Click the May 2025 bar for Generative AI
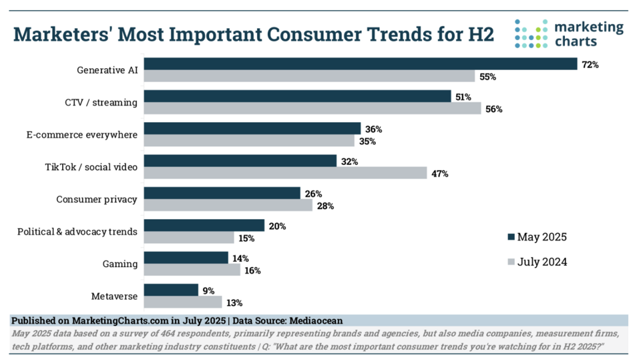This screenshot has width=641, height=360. [x=361, y=64]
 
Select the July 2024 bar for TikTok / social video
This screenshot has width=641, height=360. [x=285, y=173]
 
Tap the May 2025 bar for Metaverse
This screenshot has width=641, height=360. [x=171, y=290]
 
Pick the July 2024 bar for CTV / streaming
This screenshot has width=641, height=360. [x=312, y=109]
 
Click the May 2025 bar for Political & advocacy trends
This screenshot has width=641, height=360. [x=204, y=226]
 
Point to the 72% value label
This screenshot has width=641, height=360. [x=590, y=65]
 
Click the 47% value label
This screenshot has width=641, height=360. [x=439, y=174]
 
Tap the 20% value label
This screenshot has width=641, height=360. [x=277, y=226]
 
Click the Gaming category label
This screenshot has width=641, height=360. [x=121, y=264]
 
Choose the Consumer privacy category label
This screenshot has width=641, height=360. [x=97, y=199]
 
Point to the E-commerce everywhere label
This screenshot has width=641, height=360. [x=82, y=134]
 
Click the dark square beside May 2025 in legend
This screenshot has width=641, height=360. [x=511, y=238]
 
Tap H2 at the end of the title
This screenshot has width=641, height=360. [x=479, y=34]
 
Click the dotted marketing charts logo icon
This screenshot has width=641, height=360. [x=531, y=33]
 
